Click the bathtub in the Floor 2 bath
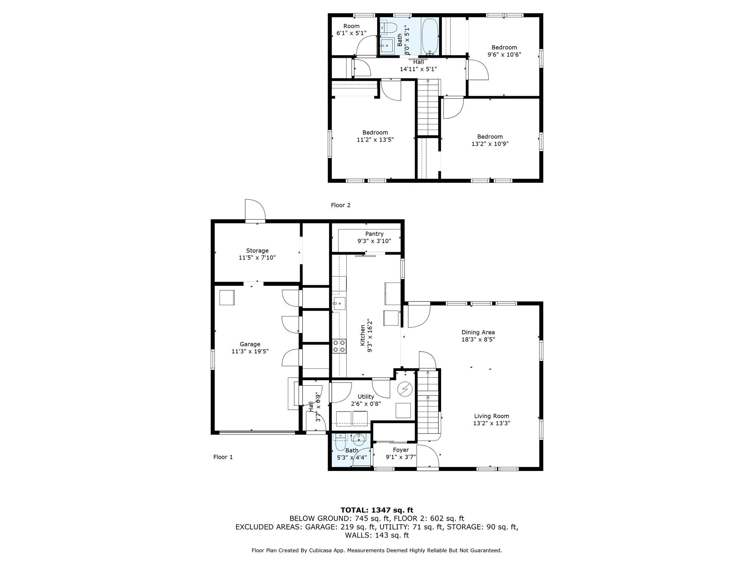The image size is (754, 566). tap(430, 36)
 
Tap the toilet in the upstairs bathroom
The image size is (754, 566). tap(388, 28)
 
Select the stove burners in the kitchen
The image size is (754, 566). tap(339, 346)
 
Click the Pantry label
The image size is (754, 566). tap(374, 234)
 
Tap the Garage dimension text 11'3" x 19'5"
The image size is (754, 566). tap(250, 352)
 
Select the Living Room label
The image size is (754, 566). tap(491, 416)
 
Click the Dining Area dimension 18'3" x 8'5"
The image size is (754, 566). tap(478, 339)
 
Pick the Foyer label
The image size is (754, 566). tap(401, 450)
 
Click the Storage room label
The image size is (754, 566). tap(257, 251)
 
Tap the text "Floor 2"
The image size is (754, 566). tap(341, 205)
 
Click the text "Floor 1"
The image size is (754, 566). tap(223, 457)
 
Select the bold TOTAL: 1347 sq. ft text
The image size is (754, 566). tap(377, 510)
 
